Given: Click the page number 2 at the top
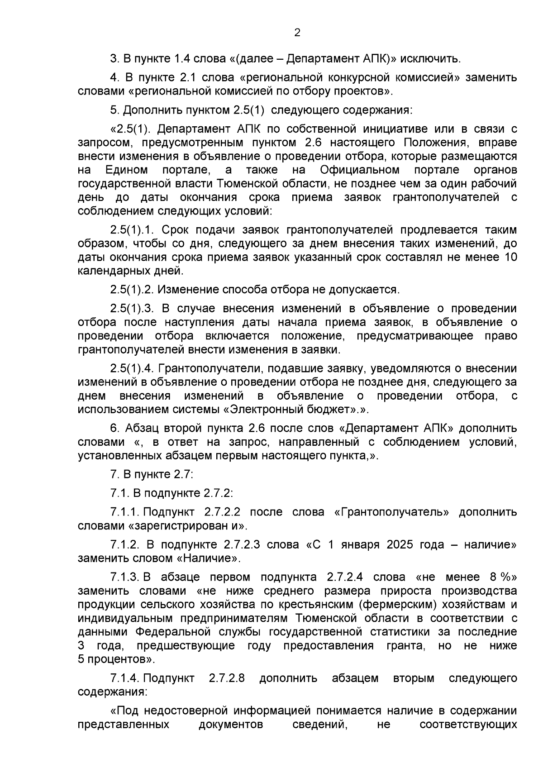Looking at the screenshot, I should (297, 33).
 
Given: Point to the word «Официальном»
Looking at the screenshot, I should (359, 170).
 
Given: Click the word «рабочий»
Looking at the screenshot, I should (493, 184).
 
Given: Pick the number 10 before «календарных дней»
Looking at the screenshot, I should (509, 257).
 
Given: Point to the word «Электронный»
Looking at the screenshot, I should (267, 409).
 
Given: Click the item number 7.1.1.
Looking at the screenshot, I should (125, 512).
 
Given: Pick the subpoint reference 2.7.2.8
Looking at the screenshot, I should (227, 678).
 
